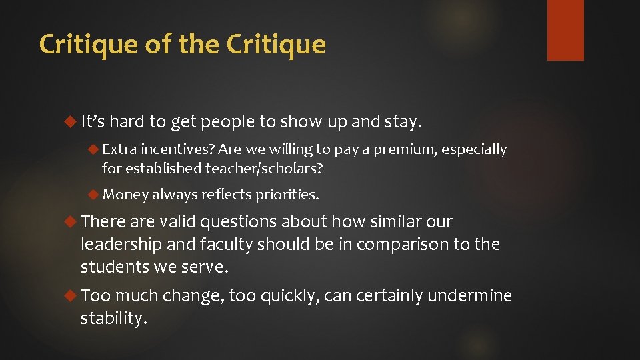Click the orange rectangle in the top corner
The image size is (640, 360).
point(565,30)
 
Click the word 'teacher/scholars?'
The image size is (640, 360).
point(264,169)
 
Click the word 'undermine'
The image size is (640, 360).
point(470,295)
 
